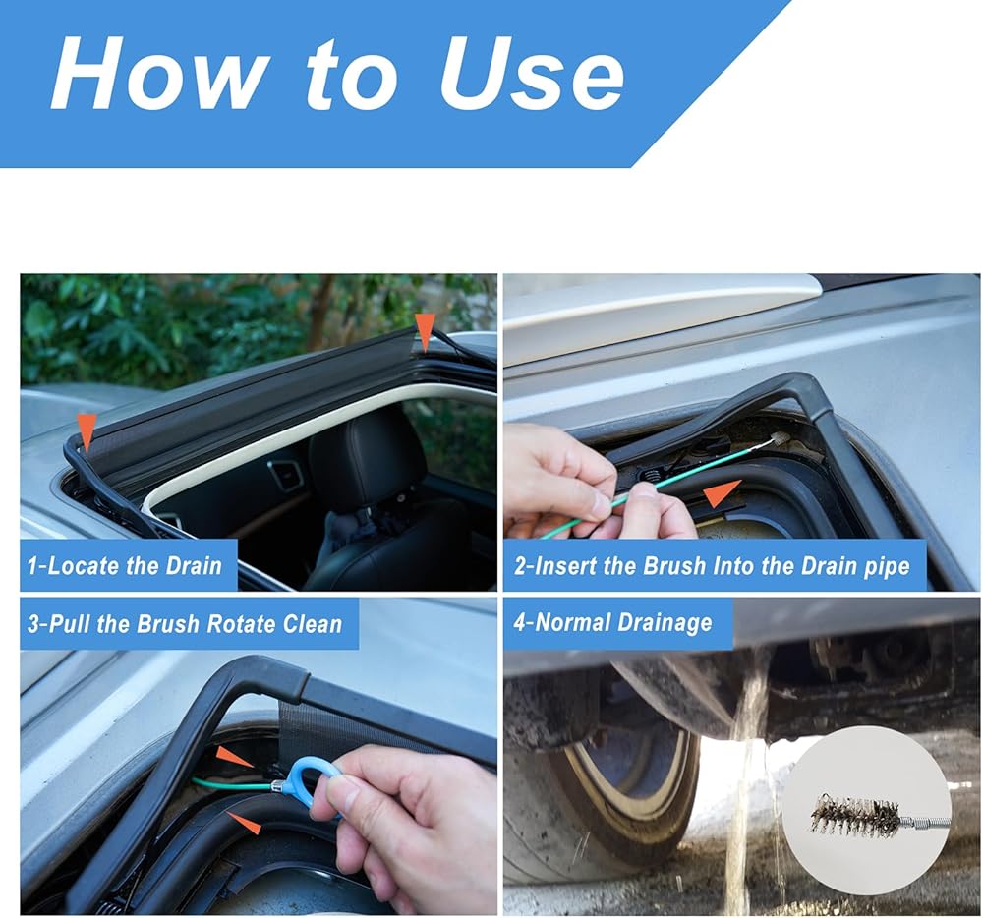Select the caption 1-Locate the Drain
(x=125, y=565)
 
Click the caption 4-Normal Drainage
(x=613, y=623)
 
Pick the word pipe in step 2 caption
(x=884, y=566)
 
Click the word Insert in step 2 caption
(x=562, y=566)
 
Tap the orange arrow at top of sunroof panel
(x=425, y=331)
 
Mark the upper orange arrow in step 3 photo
(x=235, y=757)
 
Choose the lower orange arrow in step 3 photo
(x=243, y=823)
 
